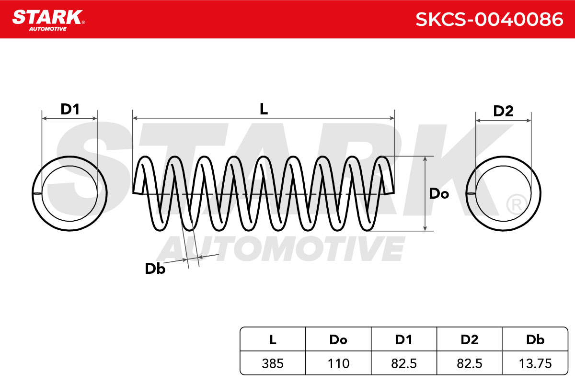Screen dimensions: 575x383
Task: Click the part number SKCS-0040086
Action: click(489, 19)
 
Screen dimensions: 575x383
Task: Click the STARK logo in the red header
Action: click(48, 20)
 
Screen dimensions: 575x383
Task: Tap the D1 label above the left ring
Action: click(70, 109)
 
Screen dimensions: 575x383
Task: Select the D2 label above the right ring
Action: click(504, 111)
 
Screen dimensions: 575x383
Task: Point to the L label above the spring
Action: click(264, 109)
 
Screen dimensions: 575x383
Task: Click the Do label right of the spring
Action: click(439, 193)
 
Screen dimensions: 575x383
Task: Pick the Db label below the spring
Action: click(155, 269)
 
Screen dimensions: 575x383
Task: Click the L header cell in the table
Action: click(273, 339)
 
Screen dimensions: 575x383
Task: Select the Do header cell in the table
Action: click(338, 339)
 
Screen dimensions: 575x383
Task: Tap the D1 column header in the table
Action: click(404, 339)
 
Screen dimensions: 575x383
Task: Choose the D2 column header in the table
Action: click(470, 339)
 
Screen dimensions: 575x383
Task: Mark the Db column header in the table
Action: click(535, 339)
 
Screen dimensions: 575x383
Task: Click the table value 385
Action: click(273, 363)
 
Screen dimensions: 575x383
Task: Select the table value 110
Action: click(338, 363)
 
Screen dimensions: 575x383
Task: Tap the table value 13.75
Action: click(535, 363)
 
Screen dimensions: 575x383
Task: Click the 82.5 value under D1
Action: click(404, 363)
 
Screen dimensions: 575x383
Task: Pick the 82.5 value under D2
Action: click(470, 363)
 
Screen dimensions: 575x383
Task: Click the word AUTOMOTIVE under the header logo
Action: click(48, 29)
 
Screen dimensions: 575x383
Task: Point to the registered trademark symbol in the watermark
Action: click(517, 205)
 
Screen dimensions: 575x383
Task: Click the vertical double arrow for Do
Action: click(425, 194)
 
